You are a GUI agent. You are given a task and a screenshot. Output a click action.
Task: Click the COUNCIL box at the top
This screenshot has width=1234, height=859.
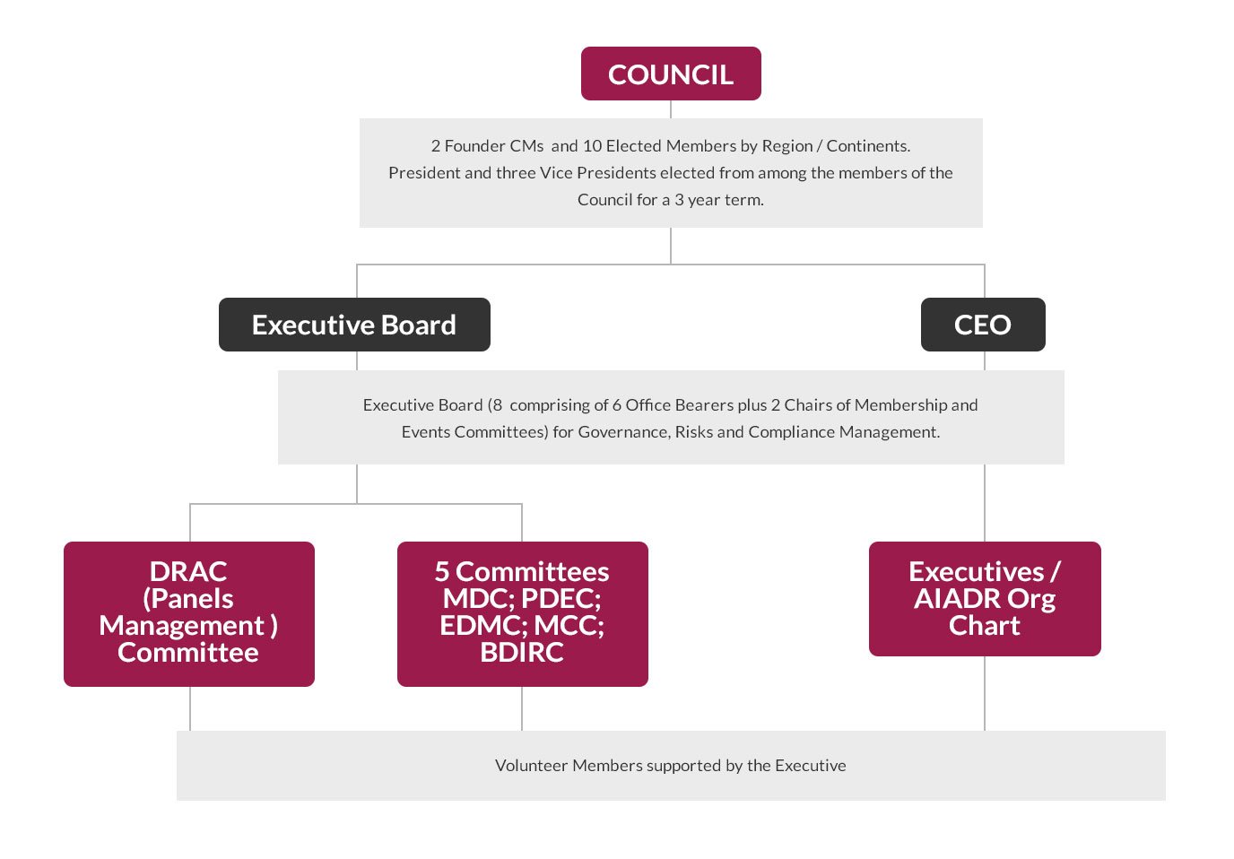671,74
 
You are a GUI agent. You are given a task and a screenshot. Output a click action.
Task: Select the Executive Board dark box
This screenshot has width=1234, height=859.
354,325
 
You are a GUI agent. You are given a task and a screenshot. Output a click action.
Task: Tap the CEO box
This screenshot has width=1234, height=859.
983,325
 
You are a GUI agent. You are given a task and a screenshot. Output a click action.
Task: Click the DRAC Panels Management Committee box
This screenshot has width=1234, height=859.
188,613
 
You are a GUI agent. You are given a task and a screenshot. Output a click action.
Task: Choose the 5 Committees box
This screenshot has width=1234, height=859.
522,613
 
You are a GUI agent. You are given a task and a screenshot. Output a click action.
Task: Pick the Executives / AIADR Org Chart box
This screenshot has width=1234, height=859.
985,599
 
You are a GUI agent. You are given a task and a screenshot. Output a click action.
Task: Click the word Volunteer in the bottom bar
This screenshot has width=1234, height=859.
532,766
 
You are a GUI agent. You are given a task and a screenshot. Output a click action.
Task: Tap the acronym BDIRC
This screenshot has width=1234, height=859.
522,653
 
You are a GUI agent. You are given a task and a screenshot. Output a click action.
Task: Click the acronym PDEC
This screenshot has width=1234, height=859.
561,598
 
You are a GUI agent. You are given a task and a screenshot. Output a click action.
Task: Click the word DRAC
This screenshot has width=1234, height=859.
188,571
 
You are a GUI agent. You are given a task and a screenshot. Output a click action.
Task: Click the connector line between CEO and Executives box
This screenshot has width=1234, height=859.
985,502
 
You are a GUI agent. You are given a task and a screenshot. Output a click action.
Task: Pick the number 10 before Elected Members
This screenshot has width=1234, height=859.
592,146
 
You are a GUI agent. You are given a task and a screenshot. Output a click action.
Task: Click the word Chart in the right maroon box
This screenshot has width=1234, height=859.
985,626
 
